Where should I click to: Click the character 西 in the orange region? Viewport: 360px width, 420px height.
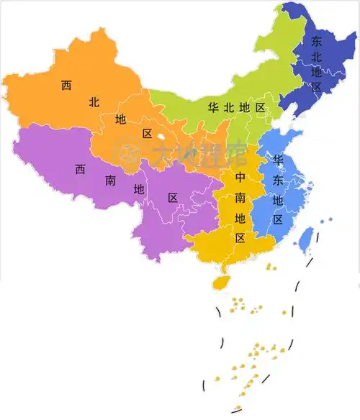point(66,86)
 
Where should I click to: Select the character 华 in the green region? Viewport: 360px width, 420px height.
point(213,108)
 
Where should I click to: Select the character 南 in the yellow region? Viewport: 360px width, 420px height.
point(240,196)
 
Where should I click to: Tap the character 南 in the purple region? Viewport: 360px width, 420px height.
point(110,181)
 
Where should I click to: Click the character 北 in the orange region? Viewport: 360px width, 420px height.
point(94,103)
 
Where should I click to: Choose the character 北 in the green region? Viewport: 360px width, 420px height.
point(229,108)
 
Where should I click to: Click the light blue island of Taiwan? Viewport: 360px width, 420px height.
point(306,240)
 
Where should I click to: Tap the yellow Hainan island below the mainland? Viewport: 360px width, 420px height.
point(223,281)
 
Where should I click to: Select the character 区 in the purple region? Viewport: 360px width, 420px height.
point(173,198)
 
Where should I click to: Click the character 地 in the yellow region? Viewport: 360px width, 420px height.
point(240,217)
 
